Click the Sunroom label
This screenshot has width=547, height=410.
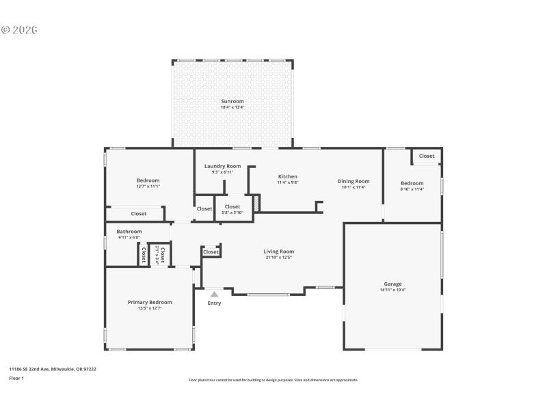tap(232, 101)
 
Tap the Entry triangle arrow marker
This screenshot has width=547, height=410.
tap(214, 295)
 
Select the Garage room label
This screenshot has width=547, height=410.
tap(392, 284)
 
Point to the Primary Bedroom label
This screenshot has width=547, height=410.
tap(150, 302)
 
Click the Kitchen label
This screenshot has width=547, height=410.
tap(287, 176)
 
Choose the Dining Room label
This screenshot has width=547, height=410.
tap(353, 181)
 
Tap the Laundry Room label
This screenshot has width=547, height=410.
tap(222, 166)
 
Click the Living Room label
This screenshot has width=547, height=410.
tap(278, 251)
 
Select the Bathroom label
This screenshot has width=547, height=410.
tap(129, 232)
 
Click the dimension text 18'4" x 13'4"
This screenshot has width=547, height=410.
tap(232, 107)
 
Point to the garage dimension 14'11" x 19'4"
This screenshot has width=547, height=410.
tap(392, 290)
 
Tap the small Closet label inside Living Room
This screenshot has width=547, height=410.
tap(211, 252)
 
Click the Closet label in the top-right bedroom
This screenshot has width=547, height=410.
tap(427, 156)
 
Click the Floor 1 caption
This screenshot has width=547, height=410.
tap(16, 378)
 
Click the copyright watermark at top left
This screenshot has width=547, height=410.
tap(19, 30)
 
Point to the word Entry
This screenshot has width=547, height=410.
tap(214, 303)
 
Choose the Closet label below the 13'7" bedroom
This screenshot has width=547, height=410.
tap(139, 214)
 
